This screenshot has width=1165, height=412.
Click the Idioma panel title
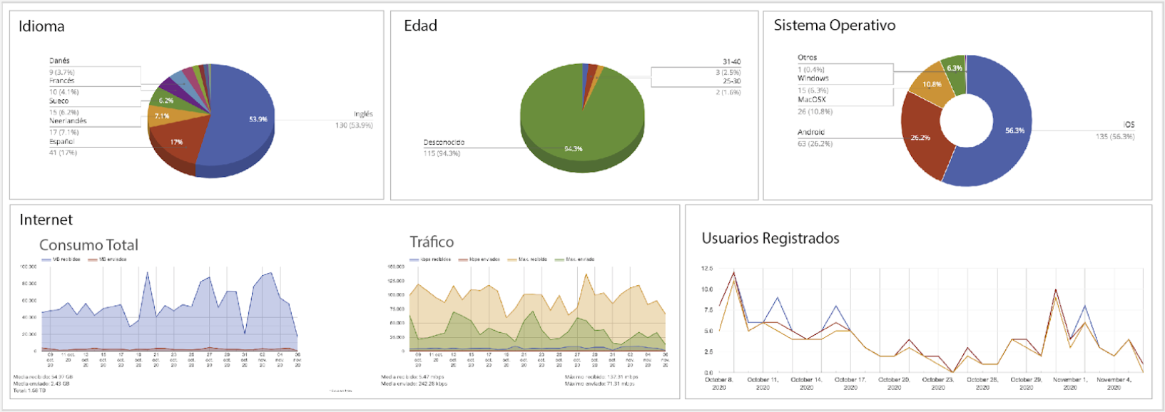(41, 26)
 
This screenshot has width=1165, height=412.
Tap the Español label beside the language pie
(61, 142)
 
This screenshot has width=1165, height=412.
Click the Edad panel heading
(420, 26)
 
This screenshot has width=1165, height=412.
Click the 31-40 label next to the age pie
(731, 62)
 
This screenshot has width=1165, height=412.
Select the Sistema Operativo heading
(834, 25)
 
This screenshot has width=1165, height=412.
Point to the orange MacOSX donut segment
(930, 85)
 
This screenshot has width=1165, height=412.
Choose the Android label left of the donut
(810, 132)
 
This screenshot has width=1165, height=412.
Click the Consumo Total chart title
(88, 244)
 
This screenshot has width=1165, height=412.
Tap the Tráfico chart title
(432, 242)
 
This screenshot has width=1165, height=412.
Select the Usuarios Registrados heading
(770, 238)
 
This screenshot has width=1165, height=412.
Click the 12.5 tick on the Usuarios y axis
(706, 269)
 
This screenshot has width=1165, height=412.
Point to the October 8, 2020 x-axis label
(718, 383)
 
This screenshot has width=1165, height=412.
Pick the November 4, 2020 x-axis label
(1114, 383)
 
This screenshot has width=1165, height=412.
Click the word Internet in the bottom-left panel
(46, 220)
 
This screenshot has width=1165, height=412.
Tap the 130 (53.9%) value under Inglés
(355, 125)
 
